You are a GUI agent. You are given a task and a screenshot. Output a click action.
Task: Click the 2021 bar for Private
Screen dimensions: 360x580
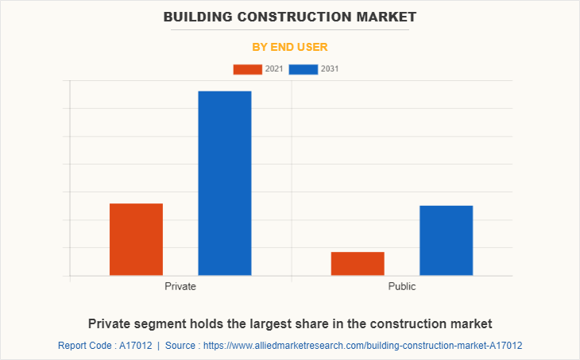point(136,239)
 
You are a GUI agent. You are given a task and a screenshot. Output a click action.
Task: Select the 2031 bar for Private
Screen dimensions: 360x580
point(224,183)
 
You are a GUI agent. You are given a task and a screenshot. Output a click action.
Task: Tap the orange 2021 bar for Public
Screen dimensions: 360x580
point(358,263)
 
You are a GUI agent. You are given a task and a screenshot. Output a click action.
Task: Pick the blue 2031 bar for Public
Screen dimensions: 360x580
point(446,240)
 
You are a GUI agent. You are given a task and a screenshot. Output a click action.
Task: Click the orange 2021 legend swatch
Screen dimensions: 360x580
point(247,69)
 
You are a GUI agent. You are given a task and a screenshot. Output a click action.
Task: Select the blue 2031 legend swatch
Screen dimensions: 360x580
point(304,69)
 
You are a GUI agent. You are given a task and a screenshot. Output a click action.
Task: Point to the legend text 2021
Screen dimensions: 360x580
point(274,69)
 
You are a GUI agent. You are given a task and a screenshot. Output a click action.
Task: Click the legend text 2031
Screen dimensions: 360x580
point(330,69)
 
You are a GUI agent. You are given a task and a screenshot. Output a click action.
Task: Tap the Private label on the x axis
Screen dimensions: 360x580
point(180,286)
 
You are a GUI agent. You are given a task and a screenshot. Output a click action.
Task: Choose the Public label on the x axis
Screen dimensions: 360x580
point(401,286)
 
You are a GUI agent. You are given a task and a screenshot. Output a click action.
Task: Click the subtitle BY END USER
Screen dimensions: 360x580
point(290,47)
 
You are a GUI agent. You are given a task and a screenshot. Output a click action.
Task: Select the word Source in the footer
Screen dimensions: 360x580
point(183,346)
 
